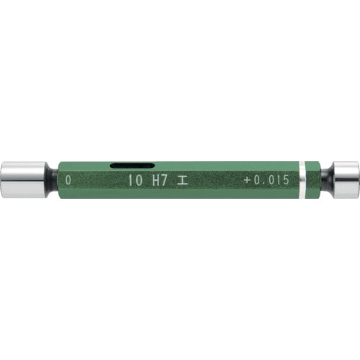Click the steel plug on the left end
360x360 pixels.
click(x=27, y=176)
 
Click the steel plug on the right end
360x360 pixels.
click(x=344, y=175)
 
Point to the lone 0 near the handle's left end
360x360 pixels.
click(x=68, y=180)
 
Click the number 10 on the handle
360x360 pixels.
click(x=134, y=181)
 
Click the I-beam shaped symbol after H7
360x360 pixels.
click(x=184, y=181)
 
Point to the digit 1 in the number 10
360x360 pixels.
click(x=130, y=181)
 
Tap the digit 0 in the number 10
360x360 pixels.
click(x=138, y=181)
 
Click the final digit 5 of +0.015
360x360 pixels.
click(x=286, y=181)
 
